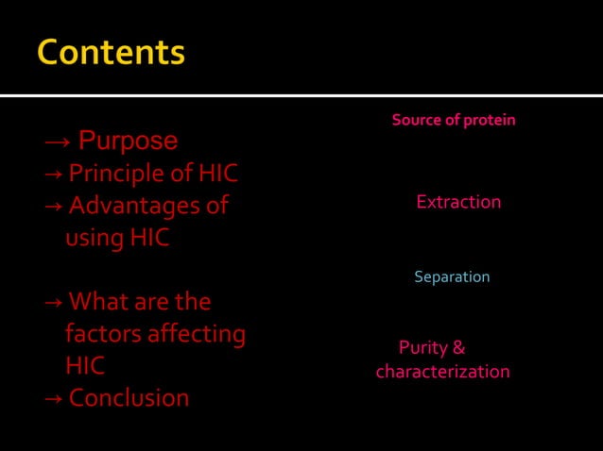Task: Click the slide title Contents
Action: pyautogui.click(x=111, y=52)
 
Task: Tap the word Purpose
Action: pyautogui.click(x=128, y=142)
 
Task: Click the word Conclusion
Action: pyautogui.click(x=129, y=397)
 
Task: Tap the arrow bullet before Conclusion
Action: pyautogui.click(x=53, y=398)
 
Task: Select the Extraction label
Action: pyautogui.click(x=458, y=203)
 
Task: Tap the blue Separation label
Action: pyautogui.click(x=452, y=277)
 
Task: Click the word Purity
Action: pyautogui.click(x=422, y=348)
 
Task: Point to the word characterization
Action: pyautogui.click(x=442, y=372)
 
